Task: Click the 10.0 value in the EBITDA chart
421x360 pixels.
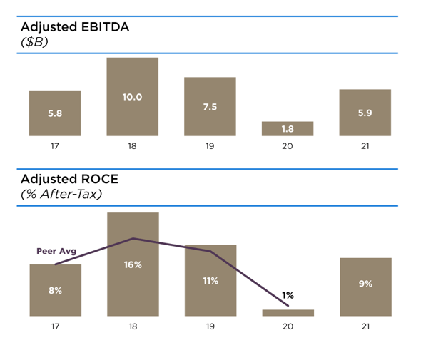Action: [133, 96]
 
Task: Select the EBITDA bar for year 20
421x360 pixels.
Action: [288, 128]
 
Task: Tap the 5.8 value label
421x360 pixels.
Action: [55, 113]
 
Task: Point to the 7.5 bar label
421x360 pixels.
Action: [210, 106]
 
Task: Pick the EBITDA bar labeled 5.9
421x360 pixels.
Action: [365, 113]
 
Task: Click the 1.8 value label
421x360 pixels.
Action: [288, 128]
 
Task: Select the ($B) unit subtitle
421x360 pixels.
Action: [34, 42]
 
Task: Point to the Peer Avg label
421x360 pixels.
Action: [56, 251]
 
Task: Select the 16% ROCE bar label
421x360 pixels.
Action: [133, 264]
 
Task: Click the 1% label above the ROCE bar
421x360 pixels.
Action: [288, 294]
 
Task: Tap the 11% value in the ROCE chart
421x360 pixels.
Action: [210, 280]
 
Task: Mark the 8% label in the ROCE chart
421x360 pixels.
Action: [55, 290]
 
